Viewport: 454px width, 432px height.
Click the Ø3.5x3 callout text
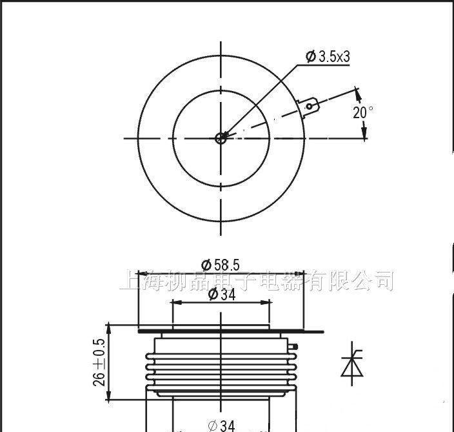[328, 57]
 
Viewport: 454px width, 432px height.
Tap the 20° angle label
[362, 112]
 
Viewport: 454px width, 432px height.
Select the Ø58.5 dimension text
[221, 264]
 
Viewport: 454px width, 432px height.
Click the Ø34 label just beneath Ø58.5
[221, 294]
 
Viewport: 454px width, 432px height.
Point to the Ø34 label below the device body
[221, 426]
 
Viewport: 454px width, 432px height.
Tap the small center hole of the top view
[221, 137]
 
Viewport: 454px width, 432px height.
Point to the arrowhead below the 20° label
[364, 132]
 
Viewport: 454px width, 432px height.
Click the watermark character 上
[129, 282]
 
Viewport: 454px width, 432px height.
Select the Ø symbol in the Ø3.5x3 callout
[310, 57]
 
